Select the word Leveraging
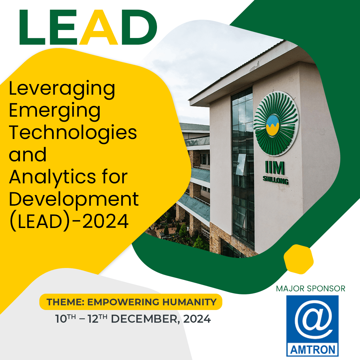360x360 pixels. point(62,90)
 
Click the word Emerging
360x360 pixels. point(55,112)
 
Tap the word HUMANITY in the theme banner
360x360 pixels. point(190,302)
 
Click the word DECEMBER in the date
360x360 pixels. point(144,319)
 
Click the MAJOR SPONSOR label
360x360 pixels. point(311,289)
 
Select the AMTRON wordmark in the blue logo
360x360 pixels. point(313,350)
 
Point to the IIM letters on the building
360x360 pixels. point(275,168)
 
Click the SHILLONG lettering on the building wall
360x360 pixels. point(276,180)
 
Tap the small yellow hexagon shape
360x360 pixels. point(299,259)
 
